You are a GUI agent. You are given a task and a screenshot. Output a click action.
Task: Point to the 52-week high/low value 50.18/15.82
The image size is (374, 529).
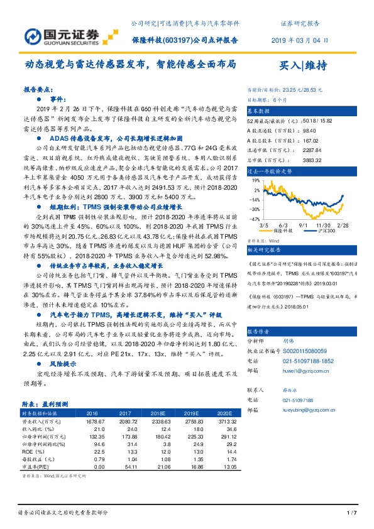(311, 119)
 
